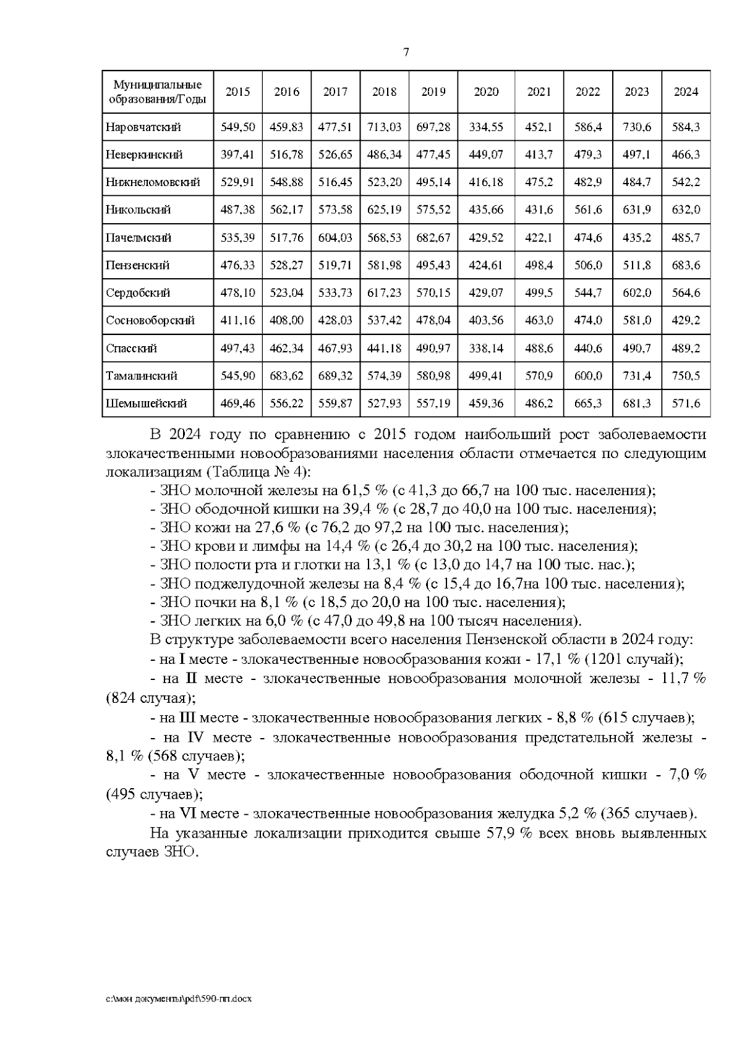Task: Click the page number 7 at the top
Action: tap(406, 53)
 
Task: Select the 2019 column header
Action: tap(433, 92)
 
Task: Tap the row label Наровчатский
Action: tap(143, 127)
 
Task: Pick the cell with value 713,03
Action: tap(384, 127)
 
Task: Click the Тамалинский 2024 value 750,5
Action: tap(686, 376)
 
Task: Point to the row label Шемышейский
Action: tap(147, 404)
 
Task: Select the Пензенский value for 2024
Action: tap(686, 265)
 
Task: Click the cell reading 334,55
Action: tap(486, 127)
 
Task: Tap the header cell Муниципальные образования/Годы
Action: tap(158, 91)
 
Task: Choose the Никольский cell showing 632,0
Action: tap(686, 210)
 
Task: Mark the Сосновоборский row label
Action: tap(150, 320)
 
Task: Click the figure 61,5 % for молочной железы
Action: tap(364, 491)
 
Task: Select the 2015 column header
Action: tap(237, 92)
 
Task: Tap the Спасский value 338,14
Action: tap(486, 348)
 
